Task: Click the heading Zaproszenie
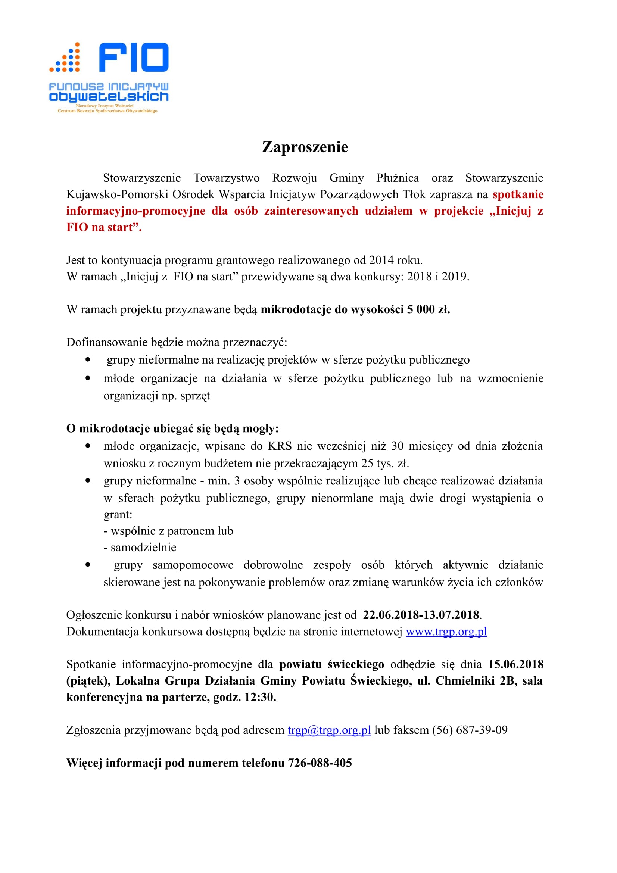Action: tap(305, 147)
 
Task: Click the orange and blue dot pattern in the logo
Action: tap(65, 58)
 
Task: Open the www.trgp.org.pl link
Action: tap(446, 632)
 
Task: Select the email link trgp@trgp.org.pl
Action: tap(329, 730)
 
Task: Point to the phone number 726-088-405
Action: tap(320, 763)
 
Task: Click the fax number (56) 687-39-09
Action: tap(470, 730)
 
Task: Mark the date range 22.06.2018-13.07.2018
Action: tap(421, 615)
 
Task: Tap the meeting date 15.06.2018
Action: tap(515, 665)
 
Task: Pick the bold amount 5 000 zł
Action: tap(428, 309)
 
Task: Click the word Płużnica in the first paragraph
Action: tap(397, 178)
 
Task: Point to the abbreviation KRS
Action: tap(280, 446)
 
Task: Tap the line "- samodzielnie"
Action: tap(140, 548)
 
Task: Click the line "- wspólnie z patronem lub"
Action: tap(168, 531)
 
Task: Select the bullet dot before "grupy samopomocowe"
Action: tap(88, 565)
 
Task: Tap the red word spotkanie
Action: tap(518, 194)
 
